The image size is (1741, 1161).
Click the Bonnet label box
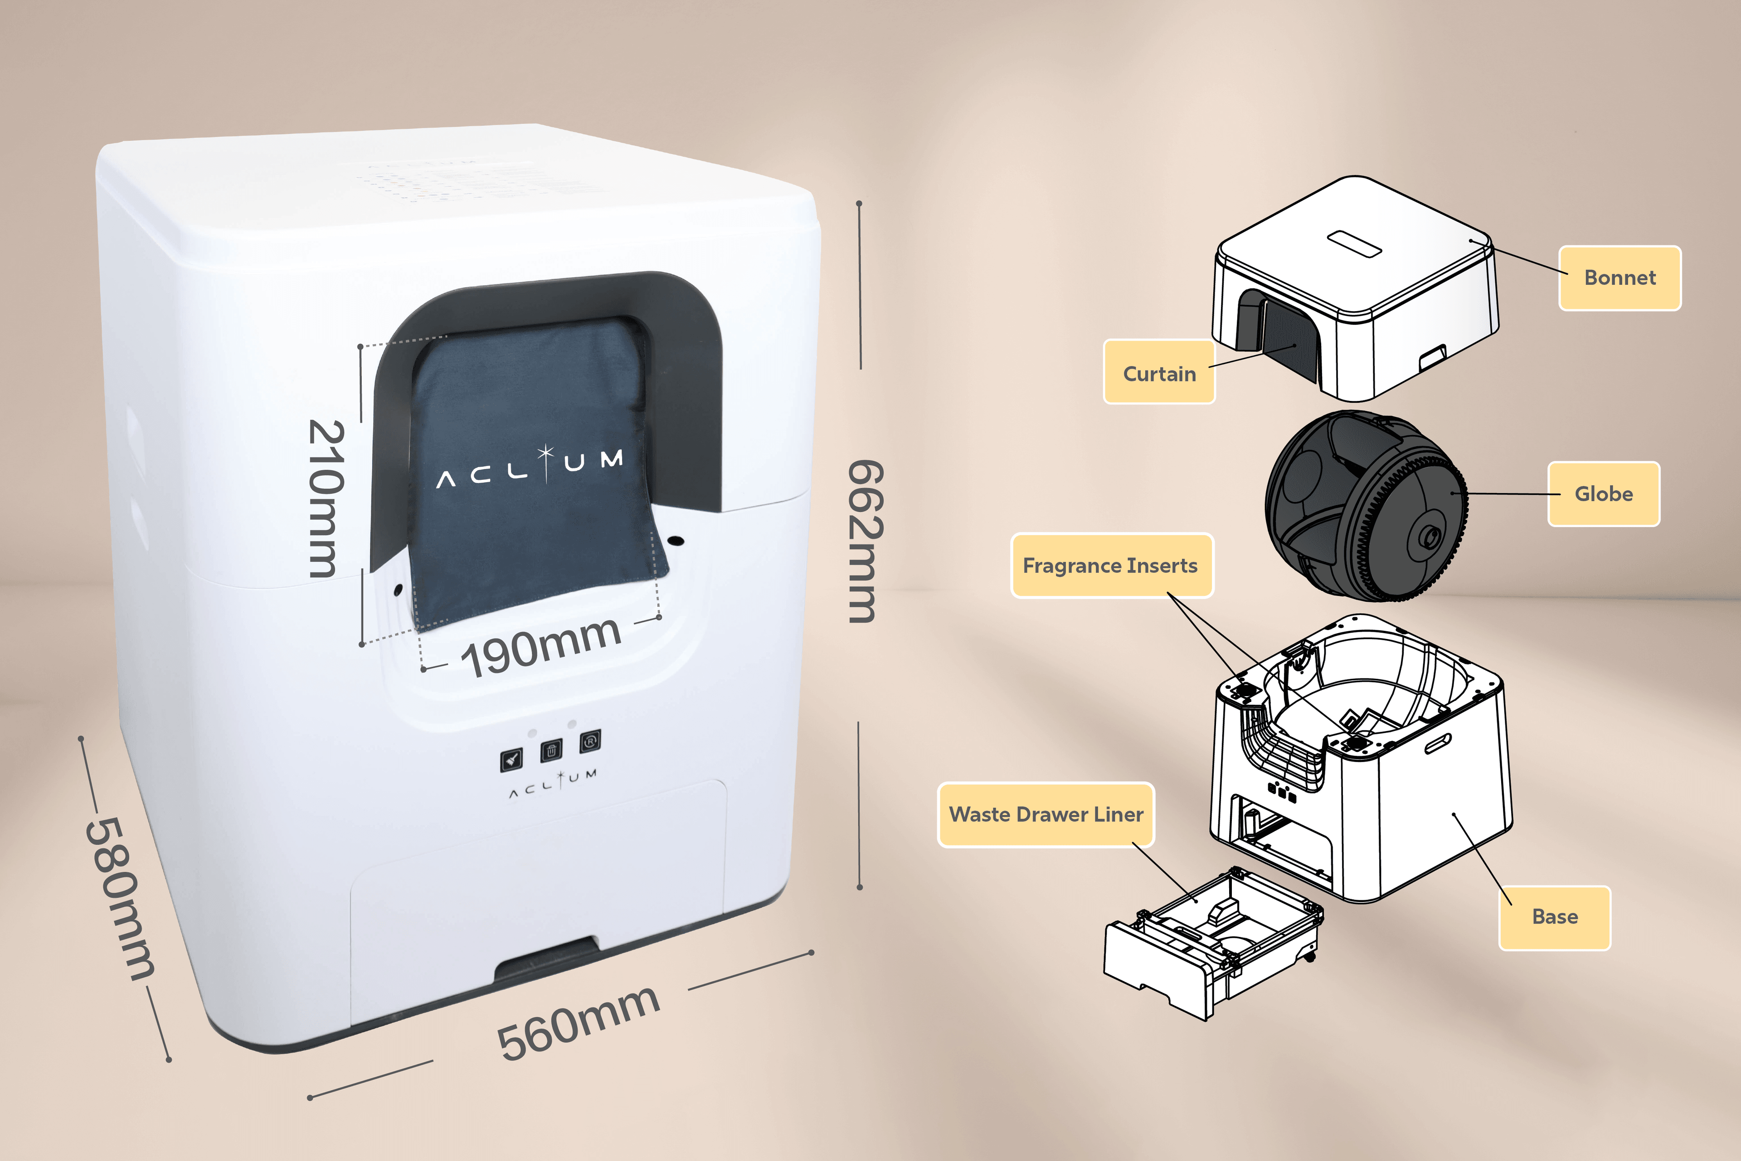pos(1619,278)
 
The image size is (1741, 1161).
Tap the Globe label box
pos(1603,494)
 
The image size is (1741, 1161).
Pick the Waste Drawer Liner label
pos(1046,815)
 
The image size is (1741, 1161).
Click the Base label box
pos(1555,917)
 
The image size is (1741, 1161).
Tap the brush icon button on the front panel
pos(511,758)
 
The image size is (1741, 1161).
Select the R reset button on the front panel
pos(590,741)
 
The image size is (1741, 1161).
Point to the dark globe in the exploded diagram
pos(1366,505)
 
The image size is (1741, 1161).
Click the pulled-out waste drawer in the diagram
pos(1210,944)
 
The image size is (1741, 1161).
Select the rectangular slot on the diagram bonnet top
pos(1354,243)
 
